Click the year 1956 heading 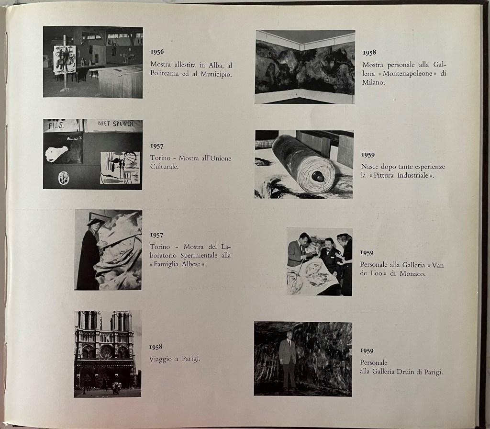click(157, 52)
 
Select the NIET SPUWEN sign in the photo click(115, 124)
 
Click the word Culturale click(165, 167)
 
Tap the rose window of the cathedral click(106, 351)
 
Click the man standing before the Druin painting click(288, 360)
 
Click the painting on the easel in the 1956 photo click(65, 59)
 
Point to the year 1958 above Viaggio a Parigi click(156, 347)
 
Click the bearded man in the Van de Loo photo click(330, 254)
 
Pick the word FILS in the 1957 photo click(56, 125)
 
